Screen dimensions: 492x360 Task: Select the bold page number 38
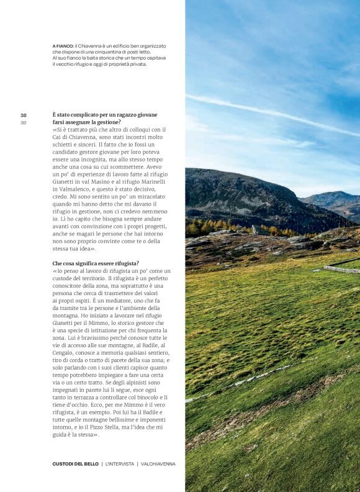[x=23, y=115]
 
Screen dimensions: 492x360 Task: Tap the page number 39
[x=23, y=122]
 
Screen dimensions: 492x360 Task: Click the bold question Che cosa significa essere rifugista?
[x=96, y=263]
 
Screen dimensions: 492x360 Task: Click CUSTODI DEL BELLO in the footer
[x=75, y=463]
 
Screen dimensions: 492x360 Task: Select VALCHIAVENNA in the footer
[x=158, y=463]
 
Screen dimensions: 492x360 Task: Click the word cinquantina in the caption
[x=110, y=52]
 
